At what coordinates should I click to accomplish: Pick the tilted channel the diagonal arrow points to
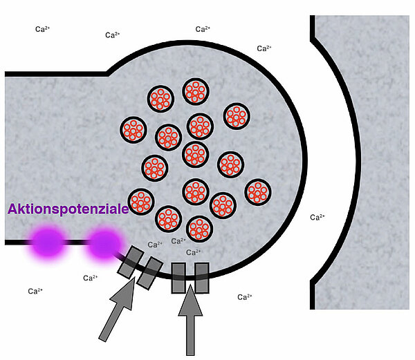click(139, 269)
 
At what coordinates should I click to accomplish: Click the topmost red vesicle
click(196, 92)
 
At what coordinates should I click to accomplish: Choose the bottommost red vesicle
click(199, 229)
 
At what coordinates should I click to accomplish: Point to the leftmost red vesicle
click(132, 129)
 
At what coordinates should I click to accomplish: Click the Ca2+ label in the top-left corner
click(43, 29)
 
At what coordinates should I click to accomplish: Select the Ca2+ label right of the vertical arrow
click(244, 297)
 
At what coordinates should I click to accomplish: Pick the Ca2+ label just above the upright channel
click(194, 252)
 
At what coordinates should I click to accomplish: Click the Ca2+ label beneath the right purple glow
click(90, 278)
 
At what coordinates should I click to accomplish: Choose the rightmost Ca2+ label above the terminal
click(264, 48)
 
